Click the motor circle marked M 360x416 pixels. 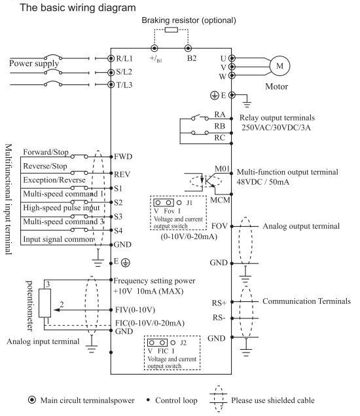tap(279, 66)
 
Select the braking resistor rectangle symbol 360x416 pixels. tap(171, 29)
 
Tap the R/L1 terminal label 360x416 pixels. tap(124, 58)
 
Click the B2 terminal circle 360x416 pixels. tap(188, 48)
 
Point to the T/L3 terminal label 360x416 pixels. tap(124, 85)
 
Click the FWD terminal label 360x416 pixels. tap(123, 157)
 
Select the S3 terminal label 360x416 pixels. tap(118, 216)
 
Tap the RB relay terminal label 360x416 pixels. tap(220, 126)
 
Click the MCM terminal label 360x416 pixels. tap(220, 200)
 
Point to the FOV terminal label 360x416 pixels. tap(219, 226)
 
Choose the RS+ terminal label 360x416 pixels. tap(219, 303)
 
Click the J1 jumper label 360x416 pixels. tap(189, 202)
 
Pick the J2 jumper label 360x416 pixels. tap(183, 343)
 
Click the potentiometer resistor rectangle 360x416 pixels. tap(45, 303)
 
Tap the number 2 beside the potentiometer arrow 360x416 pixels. tap(62, 305)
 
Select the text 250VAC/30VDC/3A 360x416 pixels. tap(276, 128)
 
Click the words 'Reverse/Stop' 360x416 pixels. tap(45, 166)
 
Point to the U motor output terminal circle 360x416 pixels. tap(232, 58)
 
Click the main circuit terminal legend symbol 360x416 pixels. tap(32, 400)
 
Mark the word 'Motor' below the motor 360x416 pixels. tap(276, 86)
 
